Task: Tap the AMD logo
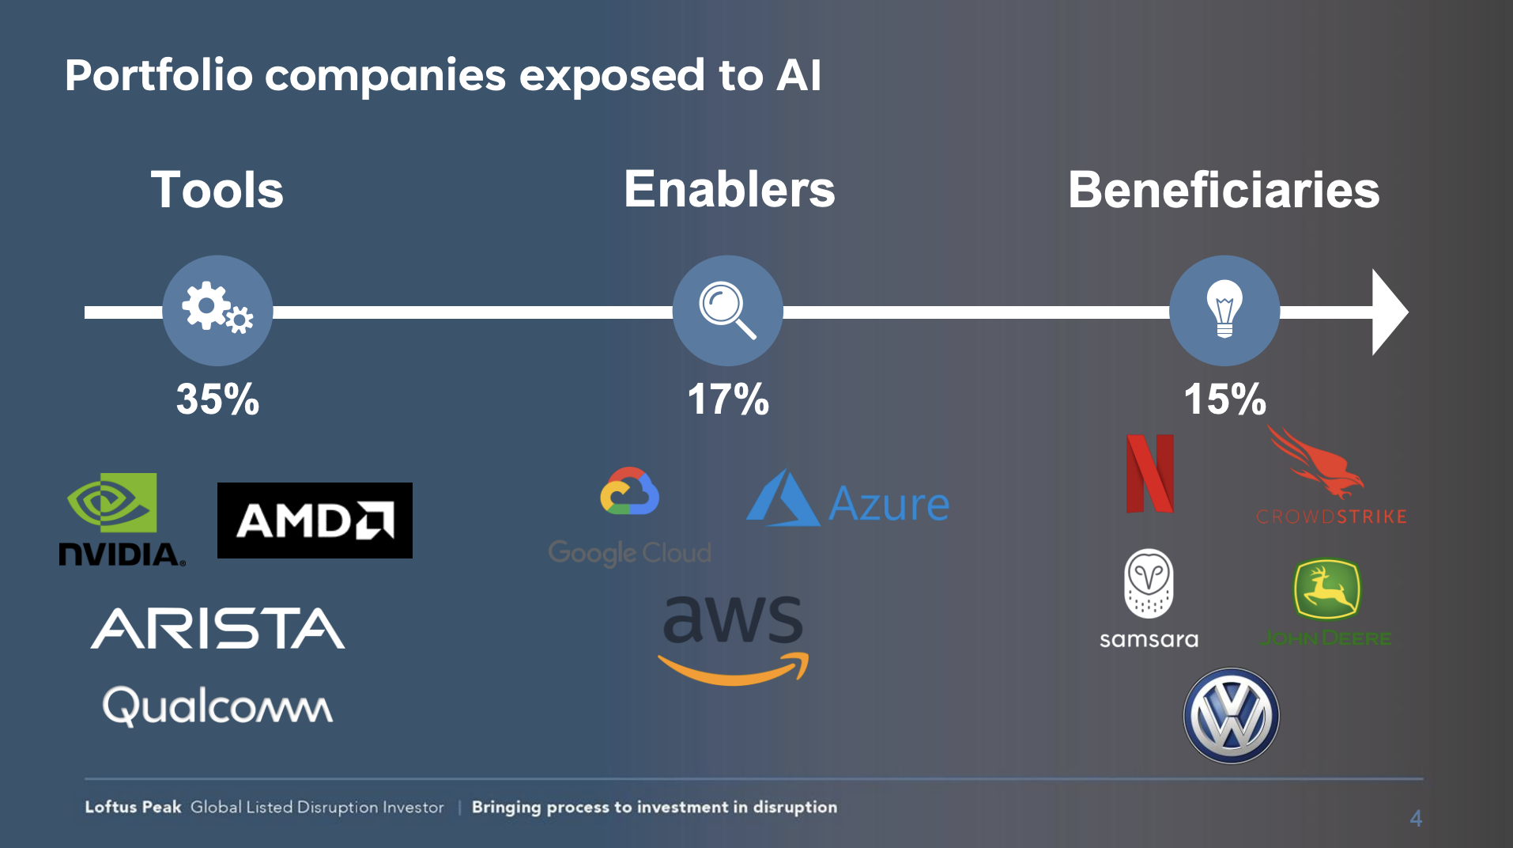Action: click(x=315, y=521)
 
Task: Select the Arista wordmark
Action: click(x=217, y=628)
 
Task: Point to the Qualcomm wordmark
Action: click(x=217, y=706)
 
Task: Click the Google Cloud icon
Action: click(x=629, y=491)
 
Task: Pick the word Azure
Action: click(x=889, y=504)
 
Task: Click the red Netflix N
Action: click(x=1149, y=473)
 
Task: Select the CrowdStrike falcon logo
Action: click(x=1315, y=463)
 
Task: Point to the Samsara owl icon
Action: click(x=1149, y=583)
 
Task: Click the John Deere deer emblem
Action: click(x=1326, y=589)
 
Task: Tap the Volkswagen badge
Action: click(x=1231, y=716)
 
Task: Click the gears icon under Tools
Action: click(x=217, y=309)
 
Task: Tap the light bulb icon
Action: click(x=1224, y=309)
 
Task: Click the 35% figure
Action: click(x=217, y=399)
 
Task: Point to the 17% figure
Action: click(x=727, y=399)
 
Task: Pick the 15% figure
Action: click(x=1224, y=399)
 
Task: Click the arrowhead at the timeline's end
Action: click(x=1388, y=312)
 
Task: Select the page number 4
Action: click(x=1416, y=818)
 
